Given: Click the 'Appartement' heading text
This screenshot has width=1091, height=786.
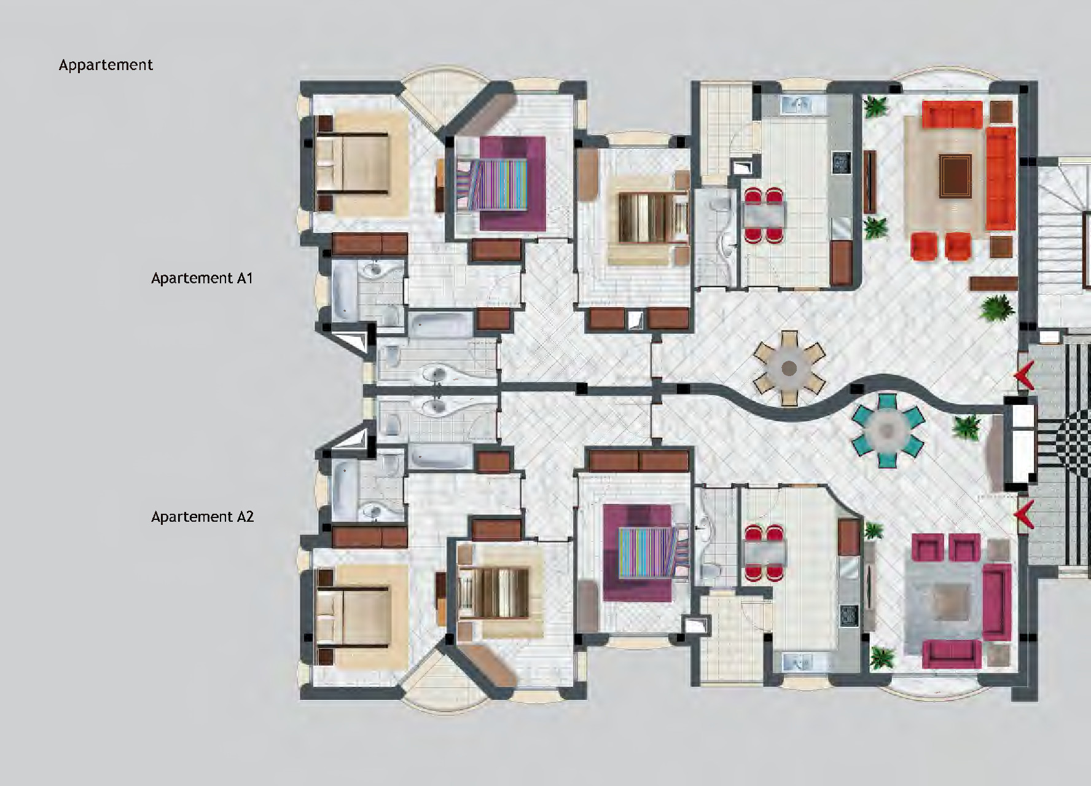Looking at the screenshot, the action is [106, 65].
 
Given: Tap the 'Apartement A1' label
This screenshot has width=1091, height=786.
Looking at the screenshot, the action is [202, 278].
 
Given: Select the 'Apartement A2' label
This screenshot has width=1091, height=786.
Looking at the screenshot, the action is [202, 517].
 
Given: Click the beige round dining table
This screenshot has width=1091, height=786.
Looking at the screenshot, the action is [789, 368].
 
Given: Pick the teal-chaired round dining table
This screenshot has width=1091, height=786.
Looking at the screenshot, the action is [886, 430].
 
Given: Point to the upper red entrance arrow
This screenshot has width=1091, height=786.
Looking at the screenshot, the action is [1023, 379].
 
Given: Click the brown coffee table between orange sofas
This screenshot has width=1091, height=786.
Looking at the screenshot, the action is [955, 176].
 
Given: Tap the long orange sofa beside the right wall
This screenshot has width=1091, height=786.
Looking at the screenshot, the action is [1001, 178].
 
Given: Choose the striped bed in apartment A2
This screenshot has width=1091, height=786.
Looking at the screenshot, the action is [650, 552].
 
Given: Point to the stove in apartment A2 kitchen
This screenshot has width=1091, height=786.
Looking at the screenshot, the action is [850, 615].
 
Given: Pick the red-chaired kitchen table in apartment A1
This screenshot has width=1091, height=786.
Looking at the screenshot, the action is [765, 215].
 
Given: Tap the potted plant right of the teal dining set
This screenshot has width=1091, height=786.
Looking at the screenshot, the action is [968, 426].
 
